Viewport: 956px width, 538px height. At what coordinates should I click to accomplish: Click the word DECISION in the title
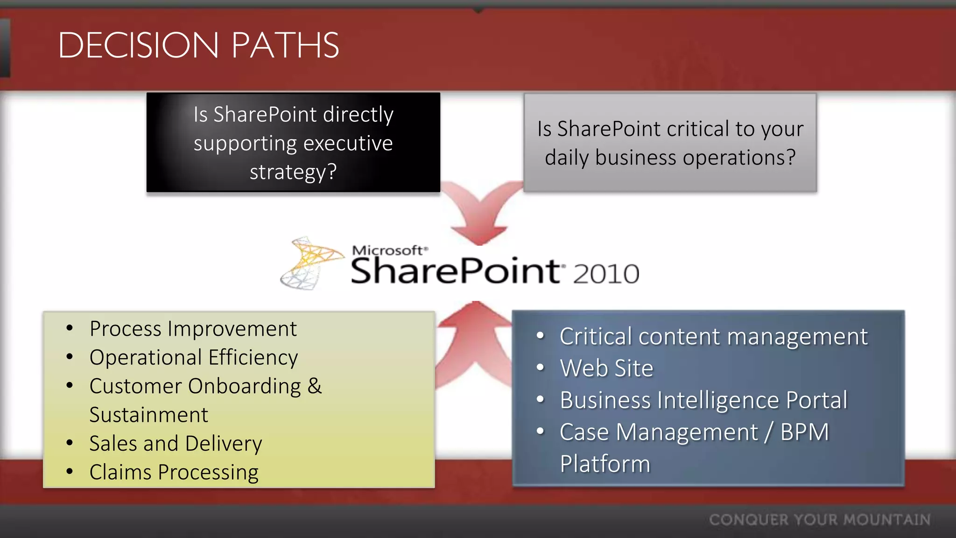[x=138, y=45]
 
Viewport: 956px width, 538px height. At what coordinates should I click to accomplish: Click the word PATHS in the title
[x=285, y=45]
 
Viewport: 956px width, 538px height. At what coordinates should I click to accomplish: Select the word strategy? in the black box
[x=293, y=172]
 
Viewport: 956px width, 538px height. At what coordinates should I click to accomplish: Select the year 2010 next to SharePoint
[x=606, y=274]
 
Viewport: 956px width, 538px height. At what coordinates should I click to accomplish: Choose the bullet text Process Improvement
[x=193, y=329]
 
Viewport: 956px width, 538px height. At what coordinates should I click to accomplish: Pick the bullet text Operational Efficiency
[x=193, y=358]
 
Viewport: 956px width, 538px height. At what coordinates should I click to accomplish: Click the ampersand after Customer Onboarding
[x=315, y=386]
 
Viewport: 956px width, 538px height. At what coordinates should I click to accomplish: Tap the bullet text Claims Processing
[x=174, y=472]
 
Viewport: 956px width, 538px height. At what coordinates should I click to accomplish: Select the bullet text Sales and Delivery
[x=176, y=444]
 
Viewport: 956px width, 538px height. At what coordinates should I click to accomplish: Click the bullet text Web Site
[x=606, y=368]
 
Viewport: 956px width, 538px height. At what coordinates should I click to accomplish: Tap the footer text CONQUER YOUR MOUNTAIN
[x=819, y=520]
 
